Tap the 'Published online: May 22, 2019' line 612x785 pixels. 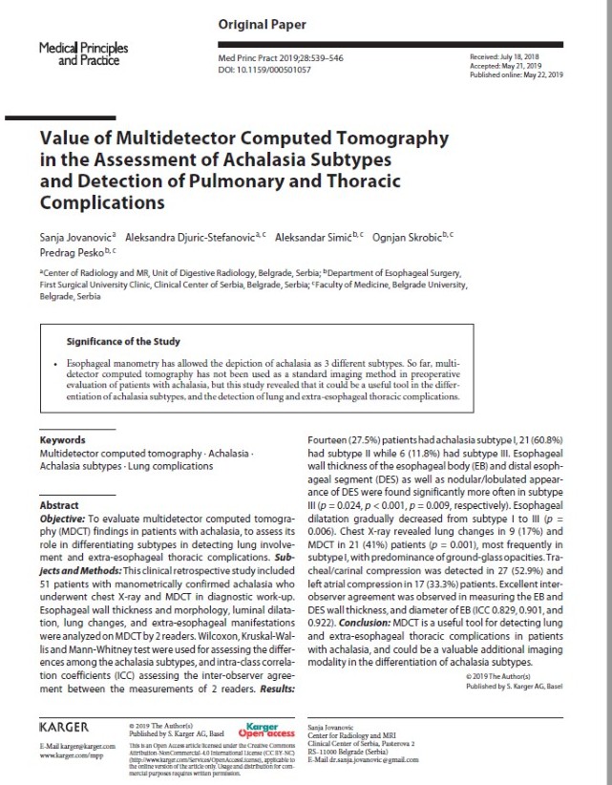tap(517, 75)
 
